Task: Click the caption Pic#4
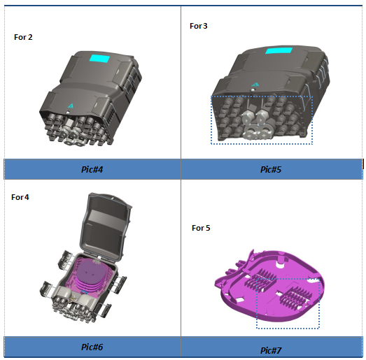pos(92,169)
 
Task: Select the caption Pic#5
pos(271,169)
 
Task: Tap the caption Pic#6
pos(92,347)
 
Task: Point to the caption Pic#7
pos(271,350)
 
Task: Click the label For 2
pos(23,37)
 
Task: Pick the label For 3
pos(199,26)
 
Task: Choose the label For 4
pos(20,197)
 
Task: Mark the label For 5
pos(201,228)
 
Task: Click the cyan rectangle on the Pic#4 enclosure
pos(100,59)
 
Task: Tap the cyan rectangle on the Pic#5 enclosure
pos(279,50)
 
